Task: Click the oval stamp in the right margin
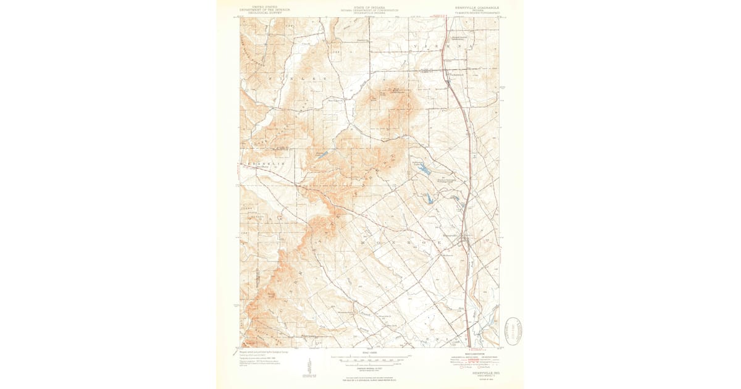pos(514,332)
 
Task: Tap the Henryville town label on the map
pos(450,235)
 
